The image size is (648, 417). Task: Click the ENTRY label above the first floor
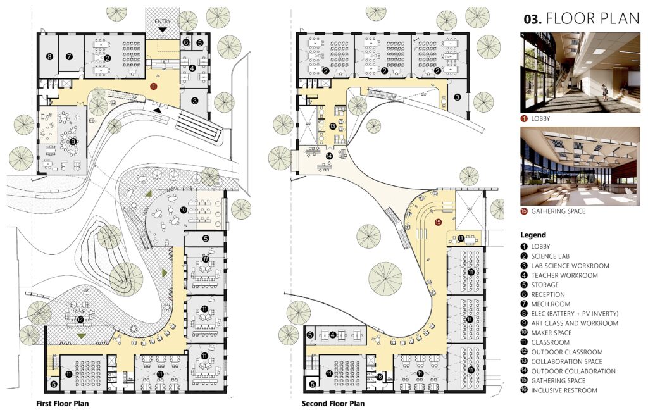[x=163, y=21]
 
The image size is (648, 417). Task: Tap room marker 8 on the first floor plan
[x=49, y=56]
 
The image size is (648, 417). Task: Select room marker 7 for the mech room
[x=69, y=56]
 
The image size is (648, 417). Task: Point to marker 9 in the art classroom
[x=73, y=141]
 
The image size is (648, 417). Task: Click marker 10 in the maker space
[x=184, y=210]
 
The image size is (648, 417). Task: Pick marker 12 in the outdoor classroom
[x=80, y=320]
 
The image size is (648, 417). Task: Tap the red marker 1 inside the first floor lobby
[x=154, y=87]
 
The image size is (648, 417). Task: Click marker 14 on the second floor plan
[x=329, y=156]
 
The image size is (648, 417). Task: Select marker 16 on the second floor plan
[x=380, y=377]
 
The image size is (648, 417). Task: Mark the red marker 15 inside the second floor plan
[x=438, y=222]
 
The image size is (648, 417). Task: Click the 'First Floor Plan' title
[x=63, y=403]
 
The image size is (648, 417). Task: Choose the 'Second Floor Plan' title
[x=333, y=403]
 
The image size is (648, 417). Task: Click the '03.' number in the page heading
[x=532, y=20]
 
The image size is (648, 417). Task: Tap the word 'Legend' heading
[x=533, y=235]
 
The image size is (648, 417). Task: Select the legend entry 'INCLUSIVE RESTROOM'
[x=564, y=390]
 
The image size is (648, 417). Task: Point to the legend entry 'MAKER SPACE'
[x=551, y=333]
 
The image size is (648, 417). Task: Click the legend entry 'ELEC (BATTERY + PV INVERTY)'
[x=575, y=314]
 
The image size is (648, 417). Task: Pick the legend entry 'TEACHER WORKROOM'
[x=564, y=275]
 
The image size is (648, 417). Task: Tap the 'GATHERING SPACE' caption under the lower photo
[x=558, y=211]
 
